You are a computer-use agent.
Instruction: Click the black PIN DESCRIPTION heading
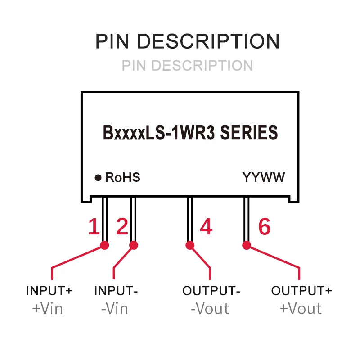187,41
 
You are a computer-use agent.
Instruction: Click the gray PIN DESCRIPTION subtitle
187,66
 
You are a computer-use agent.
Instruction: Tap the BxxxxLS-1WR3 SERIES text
191,133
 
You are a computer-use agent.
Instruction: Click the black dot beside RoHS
98,178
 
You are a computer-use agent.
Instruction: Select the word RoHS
122,177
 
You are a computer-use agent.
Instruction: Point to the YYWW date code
264,177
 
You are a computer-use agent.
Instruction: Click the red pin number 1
93,227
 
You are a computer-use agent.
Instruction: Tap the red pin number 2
122,227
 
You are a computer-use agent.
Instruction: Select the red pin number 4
206,227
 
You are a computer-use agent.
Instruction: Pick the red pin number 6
264,227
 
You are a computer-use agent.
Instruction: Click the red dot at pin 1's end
105,245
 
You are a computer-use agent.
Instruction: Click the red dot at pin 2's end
133,245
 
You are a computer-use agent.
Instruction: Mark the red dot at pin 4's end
190,245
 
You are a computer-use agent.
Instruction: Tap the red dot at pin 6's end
246,245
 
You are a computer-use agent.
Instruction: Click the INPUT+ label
49,291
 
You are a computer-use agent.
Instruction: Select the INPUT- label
116,291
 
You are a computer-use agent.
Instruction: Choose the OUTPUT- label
211,291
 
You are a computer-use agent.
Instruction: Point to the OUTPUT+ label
301,291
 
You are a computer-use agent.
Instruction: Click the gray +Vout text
301,309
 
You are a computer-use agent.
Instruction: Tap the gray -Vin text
114,309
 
